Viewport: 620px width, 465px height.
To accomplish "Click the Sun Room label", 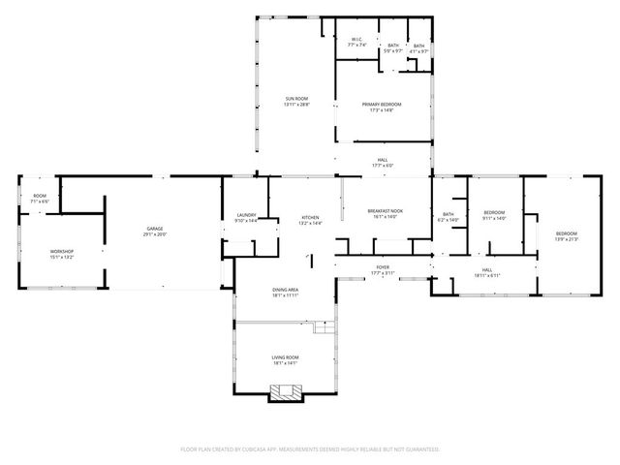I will pyautogui.click(x=296, y=100).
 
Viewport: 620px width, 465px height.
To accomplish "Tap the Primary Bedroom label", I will pyautogui.click(x=382, y=105).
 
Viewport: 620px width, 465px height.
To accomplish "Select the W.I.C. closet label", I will pyautogui.click(x=356, y=40).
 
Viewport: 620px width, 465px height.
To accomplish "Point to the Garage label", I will pyautogui.click(x=155, y=229).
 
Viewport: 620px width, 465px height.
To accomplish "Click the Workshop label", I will pyautogui.click(x=62, y=252).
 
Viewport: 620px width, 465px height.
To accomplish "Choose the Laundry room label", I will pyautogui.click(x=246, y=215).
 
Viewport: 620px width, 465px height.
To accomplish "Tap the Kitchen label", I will pyautogui.click(x=310, y=217).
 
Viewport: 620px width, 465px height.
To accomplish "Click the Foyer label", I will pyautogui.click(x=383, y=266).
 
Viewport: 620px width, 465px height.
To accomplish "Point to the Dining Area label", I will pyautogui.click(x=285, y=290).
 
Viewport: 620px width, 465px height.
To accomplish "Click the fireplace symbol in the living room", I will pyautogui.click(x=286, y=391).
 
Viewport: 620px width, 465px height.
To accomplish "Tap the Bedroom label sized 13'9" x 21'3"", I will pyautogui.click(x=566, y=233).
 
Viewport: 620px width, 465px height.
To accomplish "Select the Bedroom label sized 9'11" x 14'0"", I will pyautogui.click(x=494, y=213).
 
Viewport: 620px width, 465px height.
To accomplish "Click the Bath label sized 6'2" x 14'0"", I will pyautogui.click(x=449, y=214).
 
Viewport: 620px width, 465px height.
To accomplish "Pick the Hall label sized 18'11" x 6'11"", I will pyautogui.click(x=486, y=270).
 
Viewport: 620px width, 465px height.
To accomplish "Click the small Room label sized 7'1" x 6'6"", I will pyautogui.click(x=40, y=196).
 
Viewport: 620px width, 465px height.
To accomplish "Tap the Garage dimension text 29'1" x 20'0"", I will pyautogui.click(x=155, y=234).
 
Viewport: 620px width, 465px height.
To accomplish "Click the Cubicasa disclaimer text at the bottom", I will pyautogui.click(x=310, y=449).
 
